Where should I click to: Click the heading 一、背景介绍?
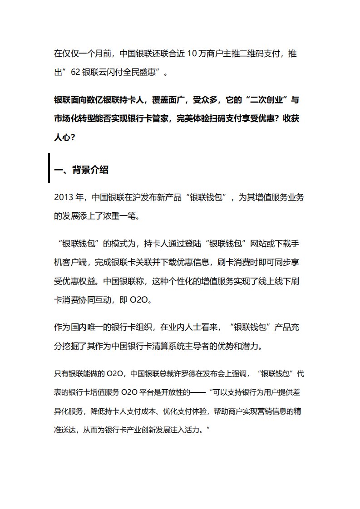click(81, 170)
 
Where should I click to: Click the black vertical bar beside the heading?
click(49, 168)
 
